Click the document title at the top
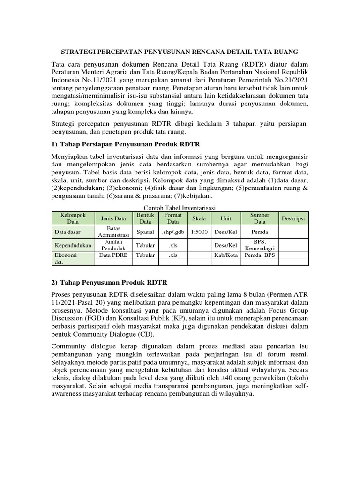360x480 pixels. coord(180,51)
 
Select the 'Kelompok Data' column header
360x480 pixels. coord(73,218)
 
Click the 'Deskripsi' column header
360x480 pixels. coord(293,218)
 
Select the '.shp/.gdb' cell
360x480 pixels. coord(173,232)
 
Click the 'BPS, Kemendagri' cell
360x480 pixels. coord(260,245)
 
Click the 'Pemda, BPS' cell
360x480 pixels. coord(260,255)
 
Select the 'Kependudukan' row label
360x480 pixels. coord(73,245)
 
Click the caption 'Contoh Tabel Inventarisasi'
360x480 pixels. coord(180,208)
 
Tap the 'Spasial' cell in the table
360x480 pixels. coord(145,232)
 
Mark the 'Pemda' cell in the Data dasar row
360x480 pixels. coord(260,232)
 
